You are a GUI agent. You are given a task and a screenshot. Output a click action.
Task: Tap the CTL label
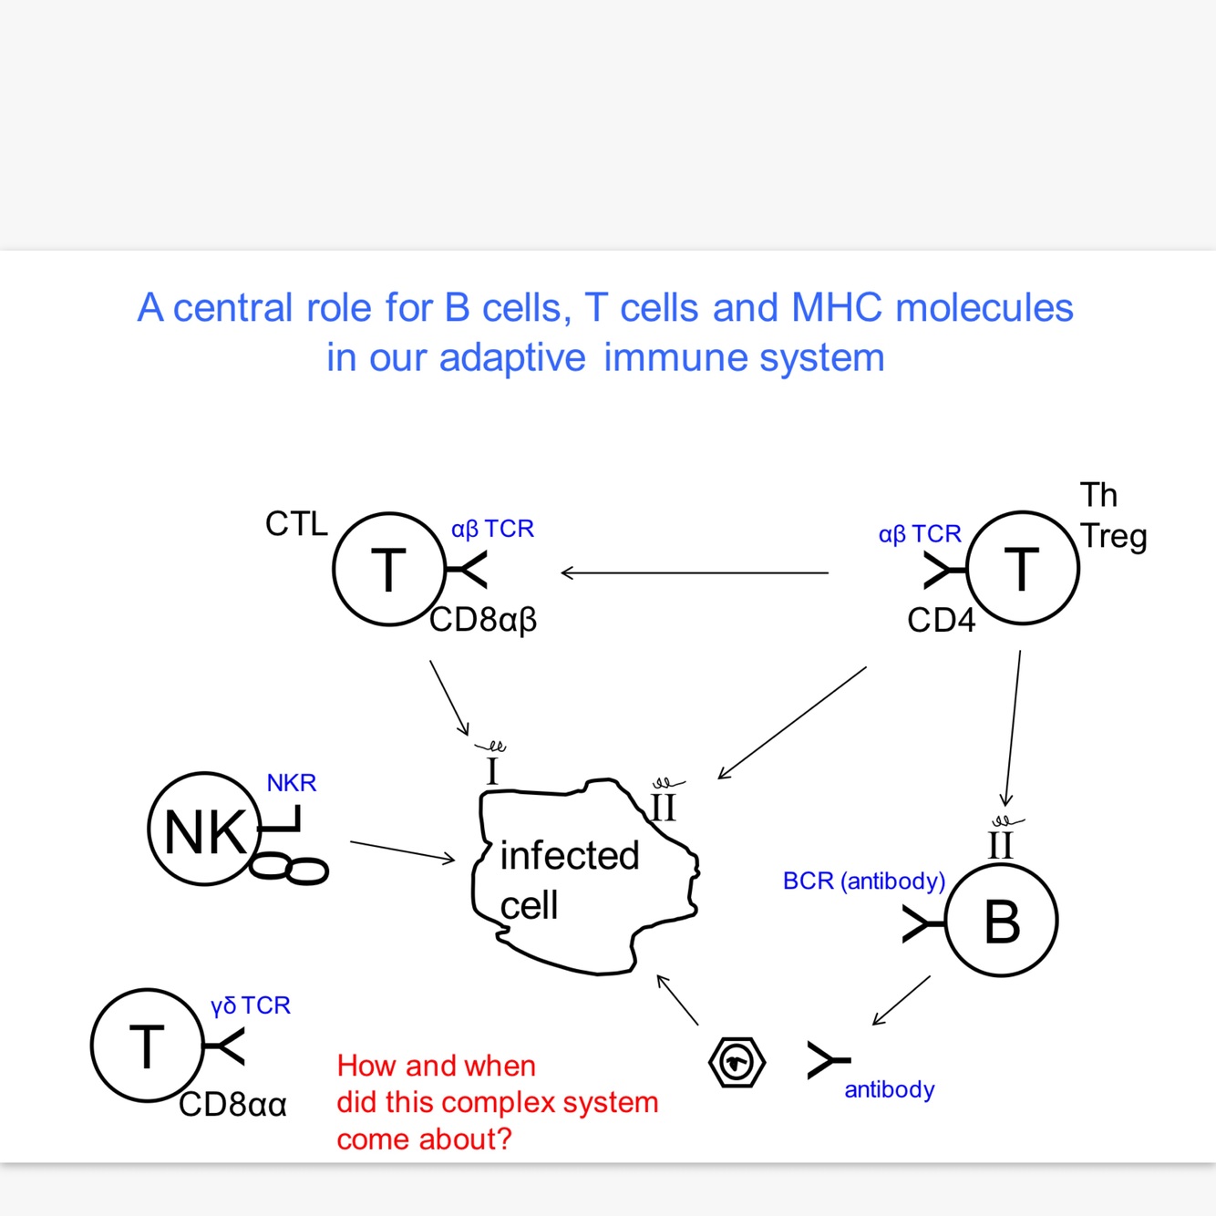coord(296,524)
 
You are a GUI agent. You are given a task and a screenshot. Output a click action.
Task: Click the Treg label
coord(1114,537)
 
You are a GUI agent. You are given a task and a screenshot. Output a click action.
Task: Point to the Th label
coord(1098,495)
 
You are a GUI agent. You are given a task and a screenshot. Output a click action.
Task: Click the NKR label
coord(291,783)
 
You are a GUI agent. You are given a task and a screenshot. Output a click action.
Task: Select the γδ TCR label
coord(251,1005)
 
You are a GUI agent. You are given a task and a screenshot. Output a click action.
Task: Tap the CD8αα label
coord(232,1105)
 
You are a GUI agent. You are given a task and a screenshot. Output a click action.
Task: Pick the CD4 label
coord(941,620)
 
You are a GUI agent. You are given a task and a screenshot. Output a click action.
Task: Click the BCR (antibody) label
coord(864,881)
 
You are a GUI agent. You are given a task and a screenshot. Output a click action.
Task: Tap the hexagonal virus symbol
coord(737,1063)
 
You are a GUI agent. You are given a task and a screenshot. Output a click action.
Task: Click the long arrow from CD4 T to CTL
coord(695,573)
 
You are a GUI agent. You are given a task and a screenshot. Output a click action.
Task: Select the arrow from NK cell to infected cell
coord(403,850)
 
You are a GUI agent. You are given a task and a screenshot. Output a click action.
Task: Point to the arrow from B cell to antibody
coord(902,1001)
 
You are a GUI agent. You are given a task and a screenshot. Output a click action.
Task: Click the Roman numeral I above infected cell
coord(492,771)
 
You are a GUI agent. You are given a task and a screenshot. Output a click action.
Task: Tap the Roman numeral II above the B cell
coord(1000,846)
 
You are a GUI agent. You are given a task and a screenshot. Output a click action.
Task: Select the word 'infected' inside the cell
coord(570,856)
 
